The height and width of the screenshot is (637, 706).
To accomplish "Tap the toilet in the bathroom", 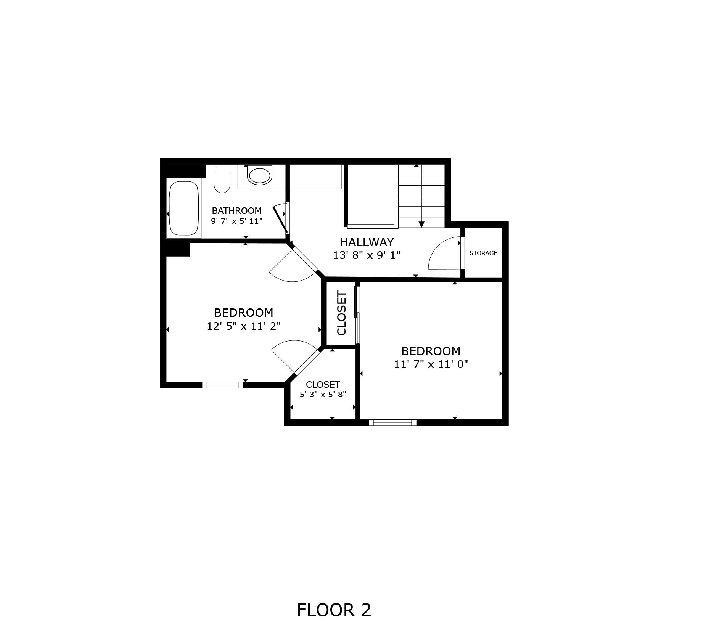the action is [222, 179].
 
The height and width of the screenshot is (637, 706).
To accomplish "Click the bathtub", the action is [184, 208].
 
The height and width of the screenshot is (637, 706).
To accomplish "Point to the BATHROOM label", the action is [236, 210].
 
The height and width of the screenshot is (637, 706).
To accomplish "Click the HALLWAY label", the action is [367, 242].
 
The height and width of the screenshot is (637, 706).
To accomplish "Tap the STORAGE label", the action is [483, 253].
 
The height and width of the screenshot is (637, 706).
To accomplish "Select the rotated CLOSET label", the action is [341, 313].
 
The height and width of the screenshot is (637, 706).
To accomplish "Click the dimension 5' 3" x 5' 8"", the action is [323, 395].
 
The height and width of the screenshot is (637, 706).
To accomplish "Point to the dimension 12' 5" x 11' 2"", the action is [244, 326].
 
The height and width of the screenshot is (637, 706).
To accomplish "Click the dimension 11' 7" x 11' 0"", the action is [431, 364].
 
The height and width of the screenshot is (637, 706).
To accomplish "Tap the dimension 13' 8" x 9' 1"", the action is [367, 255].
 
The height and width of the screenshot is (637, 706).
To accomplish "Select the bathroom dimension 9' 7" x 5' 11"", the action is [236, 221].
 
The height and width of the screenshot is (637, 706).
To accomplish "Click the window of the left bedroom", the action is [222, 385].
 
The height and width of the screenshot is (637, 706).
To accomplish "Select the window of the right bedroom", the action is [392, 422].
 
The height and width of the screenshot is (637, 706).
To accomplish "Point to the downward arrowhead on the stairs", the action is [421, 225].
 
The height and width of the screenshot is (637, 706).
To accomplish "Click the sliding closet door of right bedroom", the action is [357, 315].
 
